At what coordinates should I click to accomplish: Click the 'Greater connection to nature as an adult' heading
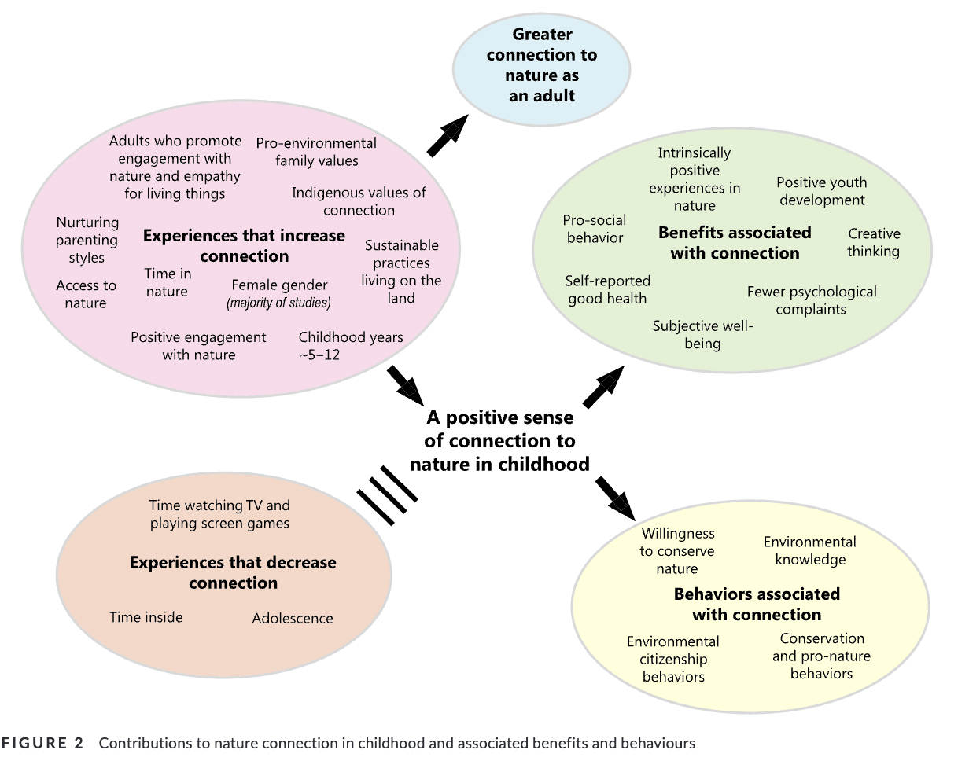542,65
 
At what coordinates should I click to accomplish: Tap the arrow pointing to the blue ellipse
447,136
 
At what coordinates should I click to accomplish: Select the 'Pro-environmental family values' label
316,152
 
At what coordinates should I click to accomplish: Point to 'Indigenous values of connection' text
359,201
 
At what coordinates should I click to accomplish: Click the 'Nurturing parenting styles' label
87,240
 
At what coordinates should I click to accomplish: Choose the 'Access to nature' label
86,294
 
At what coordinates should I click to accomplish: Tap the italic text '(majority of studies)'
279,303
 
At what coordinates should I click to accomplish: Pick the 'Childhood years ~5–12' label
350,346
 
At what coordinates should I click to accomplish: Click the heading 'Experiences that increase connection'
244,245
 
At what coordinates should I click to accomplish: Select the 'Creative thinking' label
873,242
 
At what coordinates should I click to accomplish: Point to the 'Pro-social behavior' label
595,229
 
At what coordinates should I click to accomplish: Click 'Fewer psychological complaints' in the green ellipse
811,300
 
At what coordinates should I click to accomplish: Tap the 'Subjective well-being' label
702,334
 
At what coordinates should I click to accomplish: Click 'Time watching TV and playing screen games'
219,514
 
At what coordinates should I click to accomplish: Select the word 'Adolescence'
293,619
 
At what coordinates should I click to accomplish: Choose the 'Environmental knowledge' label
809,550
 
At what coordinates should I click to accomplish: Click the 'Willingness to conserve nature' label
676,550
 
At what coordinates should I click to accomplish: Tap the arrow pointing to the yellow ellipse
615,498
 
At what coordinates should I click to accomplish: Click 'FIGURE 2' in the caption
43,743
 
